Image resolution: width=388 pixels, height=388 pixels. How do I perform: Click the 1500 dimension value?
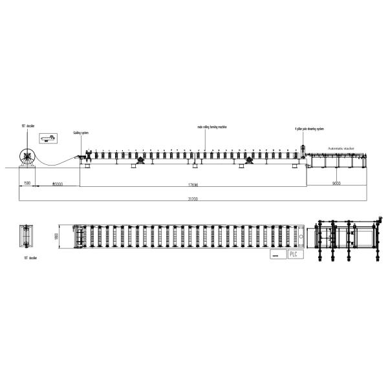(x=26, y=184)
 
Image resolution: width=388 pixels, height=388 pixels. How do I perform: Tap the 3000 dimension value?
(x=57, y=184)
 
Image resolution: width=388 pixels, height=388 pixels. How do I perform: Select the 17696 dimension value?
(x=192, y=184)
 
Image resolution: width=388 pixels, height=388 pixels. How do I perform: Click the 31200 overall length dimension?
(x=193, y=199)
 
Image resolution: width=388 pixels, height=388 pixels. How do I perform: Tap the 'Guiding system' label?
(x=81, y=132)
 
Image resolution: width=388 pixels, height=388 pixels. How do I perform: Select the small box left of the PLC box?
(x=276, y=255)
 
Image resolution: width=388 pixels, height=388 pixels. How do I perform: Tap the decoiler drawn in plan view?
(x=28, y=236)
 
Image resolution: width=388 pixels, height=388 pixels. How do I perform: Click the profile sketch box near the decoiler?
(x=48, y=138)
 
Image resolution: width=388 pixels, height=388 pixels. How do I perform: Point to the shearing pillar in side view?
(x=302, y=155)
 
